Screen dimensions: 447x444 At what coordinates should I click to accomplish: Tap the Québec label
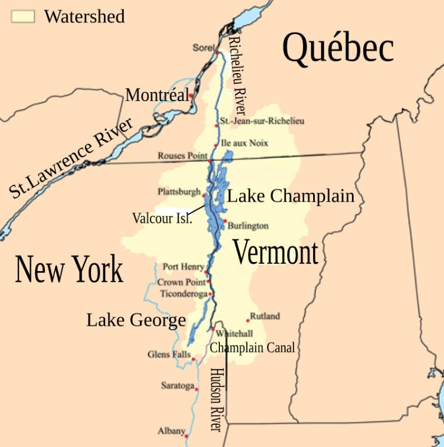pyautogui.click(x=338, y=48)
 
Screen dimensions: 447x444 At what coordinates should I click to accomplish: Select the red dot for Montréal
pyautogui.click(x=191, y=95)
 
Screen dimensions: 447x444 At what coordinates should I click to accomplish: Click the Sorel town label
pyautogui.click(x=203, y=48)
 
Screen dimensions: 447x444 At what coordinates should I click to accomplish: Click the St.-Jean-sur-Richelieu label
pyautogui.click(x=262, y=121)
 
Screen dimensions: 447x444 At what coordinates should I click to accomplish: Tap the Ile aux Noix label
pyautogui.click(x=244, y=144)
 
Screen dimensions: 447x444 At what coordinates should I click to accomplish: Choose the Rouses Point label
pyautogui.click(x=182, y=156)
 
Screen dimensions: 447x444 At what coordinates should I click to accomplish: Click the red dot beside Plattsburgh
pyautogui.click(x=204, y=195)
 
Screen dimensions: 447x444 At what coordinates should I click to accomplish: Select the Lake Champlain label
pyautogui.click(x=290, y=196)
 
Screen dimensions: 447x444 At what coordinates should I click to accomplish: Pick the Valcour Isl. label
pyautogui.click(x=162, y=218)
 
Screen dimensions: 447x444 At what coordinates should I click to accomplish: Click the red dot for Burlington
pyautogui.click(x=225, y=221)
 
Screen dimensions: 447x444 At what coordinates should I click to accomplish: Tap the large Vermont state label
pyautogui.click(x=275, y=252)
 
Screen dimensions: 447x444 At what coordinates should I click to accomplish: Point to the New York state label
pyautogui.click(x=69, y=269)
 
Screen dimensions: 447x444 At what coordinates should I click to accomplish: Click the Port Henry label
pyautogui.click(x=183, y=267)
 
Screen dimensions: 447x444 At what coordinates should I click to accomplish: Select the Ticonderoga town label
pyautogui.click(x=183, y=294)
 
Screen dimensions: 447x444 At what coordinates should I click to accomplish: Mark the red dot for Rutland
pyautogui.click(x=247, y=321)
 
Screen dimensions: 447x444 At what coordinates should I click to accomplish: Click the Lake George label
pyautogui.click(x=136, y=320)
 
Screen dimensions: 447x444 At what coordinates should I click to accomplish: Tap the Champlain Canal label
pyautogui.click(x=252, y=348)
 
